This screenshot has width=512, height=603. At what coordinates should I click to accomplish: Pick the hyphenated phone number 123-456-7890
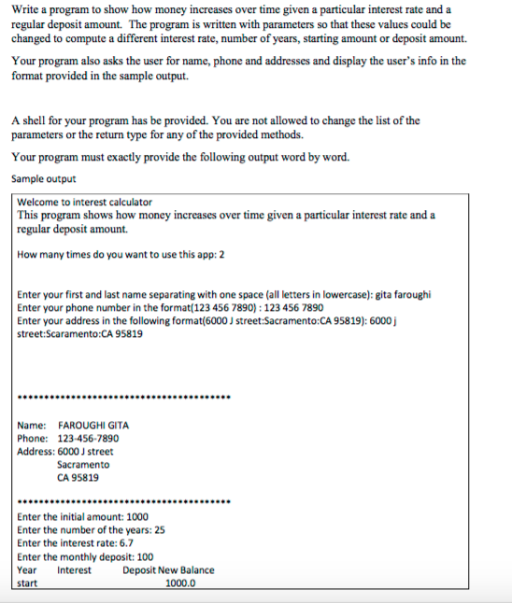tap(88, 439)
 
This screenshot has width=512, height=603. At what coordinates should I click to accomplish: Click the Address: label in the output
tap(36, 452)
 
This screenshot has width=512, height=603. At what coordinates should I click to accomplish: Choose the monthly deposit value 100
tap(145, 557)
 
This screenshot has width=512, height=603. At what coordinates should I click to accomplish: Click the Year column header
tap(27, 570)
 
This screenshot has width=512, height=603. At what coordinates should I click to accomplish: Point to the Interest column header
tap(75, 570)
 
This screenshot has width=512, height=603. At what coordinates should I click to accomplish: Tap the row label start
tap(28, 584)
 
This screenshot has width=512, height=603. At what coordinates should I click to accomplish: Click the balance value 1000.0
tap(180, 584)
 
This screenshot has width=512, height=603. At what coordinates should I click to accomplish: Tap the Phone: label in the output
tap(33, 439)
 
